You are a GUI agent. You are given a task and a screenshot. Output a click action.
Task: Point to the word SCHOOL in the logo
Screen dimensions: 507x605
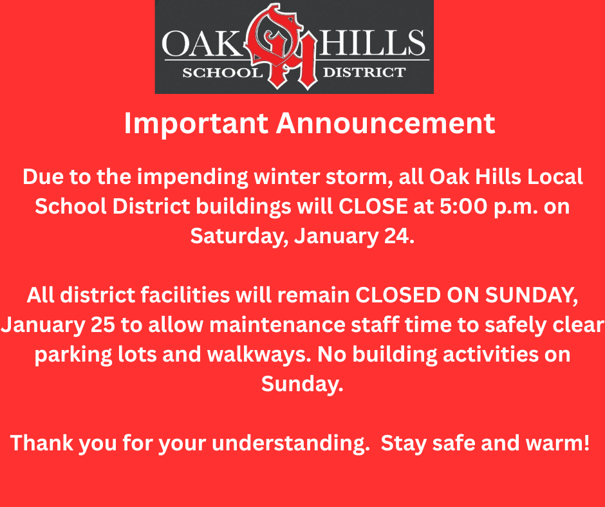[219, 72]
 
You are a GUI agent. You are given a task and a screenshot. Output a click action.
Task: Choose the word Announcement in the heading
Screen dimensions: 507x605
[386, 123]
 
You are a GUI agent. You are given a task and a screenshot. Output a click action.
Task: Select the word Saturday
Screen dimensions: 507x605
[239, 236]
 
